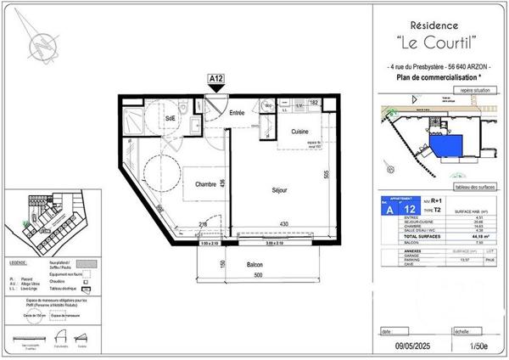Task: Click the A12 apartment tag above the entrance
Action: click(216, 78)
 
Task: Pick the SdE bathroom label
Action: click(170, 117)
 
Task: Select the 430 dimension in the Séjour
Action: click(270, 223)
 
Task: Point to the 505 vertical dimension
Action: click(325, 176)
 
